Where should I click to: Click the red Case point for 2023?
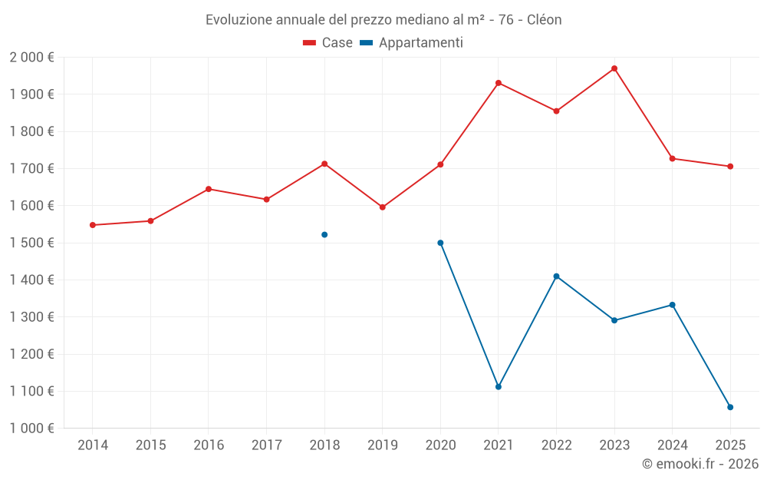(614, 68)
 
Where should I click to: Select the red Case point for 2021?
(499, 83)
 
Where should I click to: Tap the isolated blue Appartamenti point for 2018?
(324, 234)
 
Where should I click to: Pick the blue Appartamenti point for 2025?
(730, 407)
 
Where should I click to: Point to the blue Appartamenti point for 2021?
(499, 386)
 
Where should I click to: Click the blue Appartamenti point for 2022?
(556, 276)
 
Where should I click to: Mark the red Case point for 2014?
(93, 225)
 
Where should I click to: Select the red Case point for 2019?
(383, 207)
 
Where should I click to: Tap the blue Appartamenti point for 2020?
(440, 243)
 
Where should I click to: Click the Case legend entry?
(328, 43)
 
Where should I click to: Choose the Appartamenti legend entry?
(412, 43)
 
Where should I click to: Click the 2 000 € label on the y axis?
(31, 58)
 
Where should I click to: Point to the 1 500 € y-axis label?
(31, 243)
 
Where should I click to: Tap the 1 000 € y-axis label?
(31, 429)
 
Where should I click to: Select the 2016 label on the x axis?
(209, 445)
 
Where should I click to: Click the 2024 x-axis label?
(672, 445)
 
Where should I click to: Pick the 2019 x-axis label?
(383, 445)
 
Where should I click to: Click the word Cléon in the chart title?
(545, 19)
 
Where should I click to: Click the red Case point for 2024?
(672, 158)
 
